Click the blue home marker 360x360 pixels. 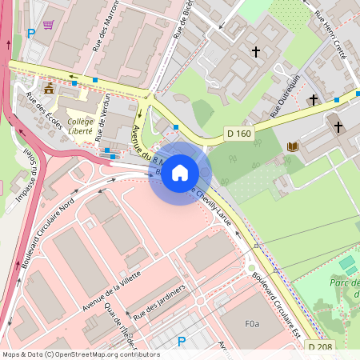pos(180,173)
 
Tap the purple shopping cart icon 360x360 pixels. pos(49,25)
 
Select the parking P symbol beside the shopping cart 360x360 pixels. pos(31,34)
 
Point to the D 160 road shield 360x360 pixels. pos(238,134)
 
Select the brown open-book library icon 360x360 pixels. pos(292,146)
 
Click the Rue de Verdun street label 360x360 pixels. pos(102,119)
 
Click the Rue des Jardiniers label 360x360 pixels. pos(160,299)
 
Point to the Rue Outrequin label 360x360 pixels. pos(284,95)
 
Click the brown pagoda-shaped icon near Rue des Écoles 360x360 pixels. pos(49,88)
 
